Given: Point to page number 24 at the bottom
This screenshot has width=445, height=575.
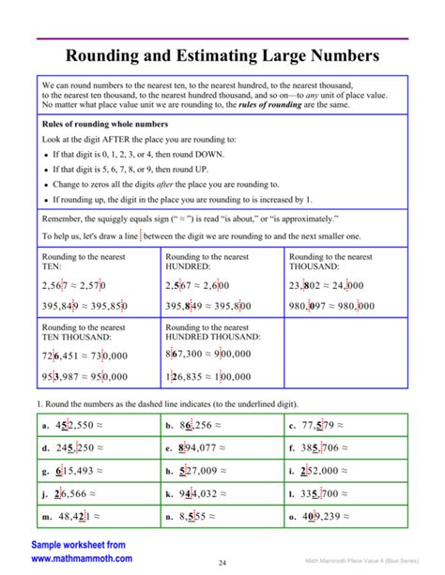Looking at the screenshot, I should tap(223, 563).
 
